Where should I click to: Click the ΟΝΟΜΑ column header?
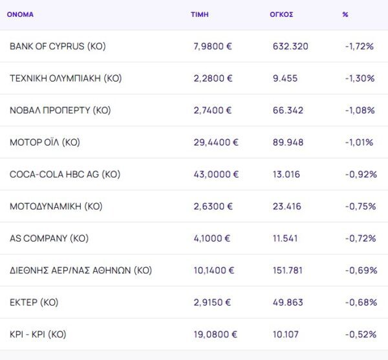pyautogui.click(x=20, y=14)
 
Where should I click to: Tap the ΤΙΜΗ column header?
pyautogui.click(x=200, y=14)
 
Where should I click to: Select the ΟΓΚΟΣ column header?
pyautogui.click(x=281, y=14)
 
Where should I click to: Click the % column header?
pyautogui.click(x=345, y=14)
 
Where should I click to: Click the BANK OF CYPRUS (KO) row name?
pyautogui.click(x=58, y=47)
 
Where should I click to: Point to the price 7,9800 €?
pyautogui.click(x=213, y=47)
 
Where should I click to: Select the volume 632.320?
pyautogui.click(x=290, y=47)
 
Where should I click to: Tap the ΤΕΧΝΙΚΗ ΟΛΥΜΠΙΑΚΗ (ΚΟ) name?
pyautogui.click(x=65, y=78)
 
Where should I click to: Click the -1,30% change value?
pyautogui.click(x=360, y=78)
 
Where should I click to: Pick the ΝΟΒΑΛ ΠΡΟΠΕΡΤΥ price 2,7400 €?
pyautogui.click(x=213, y=110)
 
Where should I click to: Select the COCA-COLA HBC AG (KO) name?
pyautogui.click(x=65, y=174)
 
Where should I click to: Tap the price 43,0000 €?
pyautogui.click(x=216, y=174)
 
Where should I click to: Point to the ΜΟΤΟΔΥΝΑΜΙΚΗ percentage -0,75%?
pyautogui.click(x=360, y=207)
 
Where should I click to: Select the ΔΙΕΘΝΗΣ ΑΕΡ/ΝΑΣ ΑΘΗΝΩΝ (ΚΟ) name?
pyautogui.click(x=80, y=270)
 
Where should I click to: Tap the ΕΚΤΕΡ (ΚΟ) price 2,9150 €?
pyautogui.click(x=213, y=302)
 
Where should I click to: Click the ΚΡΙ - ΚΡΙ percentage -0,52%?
pyautogui.click(x=360, y=334)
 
